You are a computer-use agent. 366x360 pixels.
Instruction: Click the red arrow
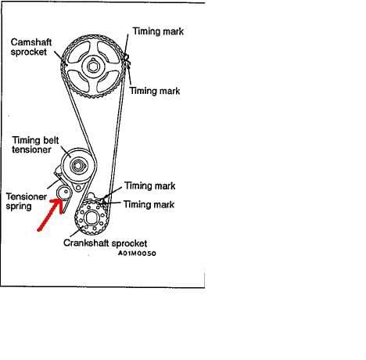coord(51,214)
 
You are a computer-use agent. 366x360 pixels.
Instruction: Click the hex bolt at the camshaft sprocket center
coord(93,67)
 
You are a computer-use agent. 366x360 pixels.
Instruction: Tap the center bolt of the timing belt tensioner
coord(77,165)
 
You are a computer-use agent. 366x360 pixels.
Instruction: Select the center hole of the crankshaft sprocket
coord(91,218)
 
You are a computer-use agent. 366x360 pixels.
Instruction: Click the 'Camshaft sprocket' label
coord(31,47)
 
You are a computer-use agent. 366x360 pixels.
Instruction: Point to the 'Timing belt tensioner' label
coord(35,145)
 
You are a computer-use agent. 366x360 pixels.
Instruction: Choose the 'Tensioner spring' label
coord(27,201)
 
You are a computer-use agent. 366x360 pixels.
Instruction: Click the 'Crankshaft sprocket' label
coord(105,243)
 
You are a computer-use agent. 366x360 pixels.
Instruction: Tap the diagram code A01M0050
coord(137,254)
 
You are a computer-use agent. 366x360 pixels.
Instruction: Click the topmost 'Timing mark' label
coord(158,31)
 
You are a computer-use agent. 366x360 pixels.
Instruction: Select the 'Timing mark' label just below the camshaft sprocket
coord(155,91)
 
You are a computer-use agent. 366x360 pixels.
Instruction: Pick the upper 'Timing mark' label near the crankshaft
coord(150,185)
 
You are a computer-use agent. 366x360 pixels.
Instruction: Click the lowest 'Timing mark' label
coord(149,204)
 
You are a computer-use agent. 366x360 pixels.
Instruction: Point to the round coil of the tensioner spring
coord(64,193)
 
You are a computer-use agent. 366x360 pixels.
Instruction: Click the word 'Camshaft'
coord(31,42)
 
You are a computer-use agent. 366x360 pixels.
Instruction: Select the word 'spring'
coord(19,207)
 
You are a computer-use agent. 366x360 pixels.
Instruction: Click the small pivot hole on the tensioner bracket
coord(78,188)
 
